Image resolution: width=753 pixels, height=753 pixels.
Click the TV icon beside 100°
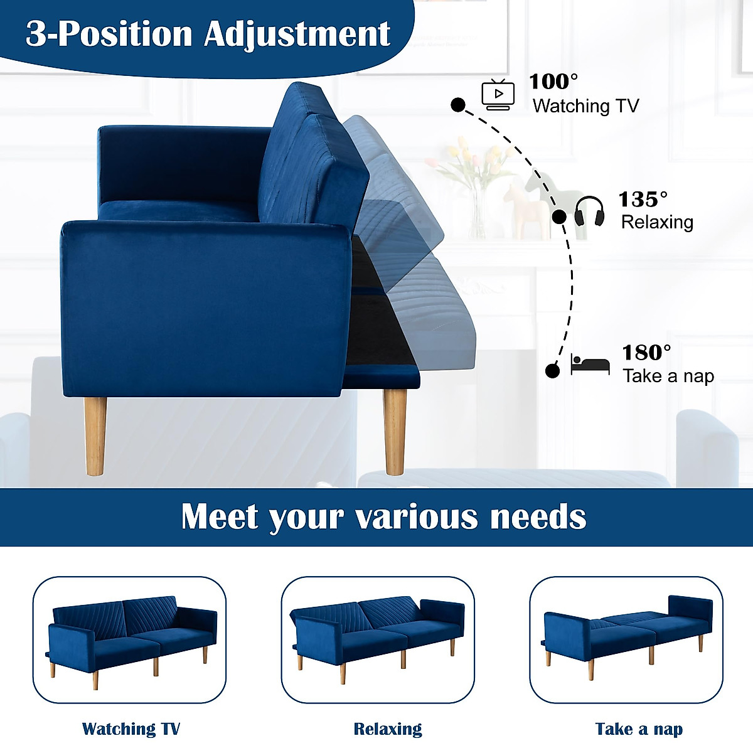point(498,95)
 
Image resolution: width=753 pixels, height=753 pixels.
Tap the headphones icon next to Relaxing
point(589,211)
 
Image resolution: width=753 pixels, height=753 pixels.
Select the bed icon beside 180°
point(590,365)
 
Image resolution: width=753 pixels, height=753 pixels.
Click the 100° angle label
point(553,82)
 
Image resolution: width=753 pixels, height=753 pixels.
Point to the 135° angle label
point(643,200)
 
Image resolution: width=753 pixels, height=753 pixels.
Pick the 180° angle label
point(646,353)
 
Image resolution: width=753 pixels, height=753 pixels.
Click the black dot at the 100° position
point(458,105)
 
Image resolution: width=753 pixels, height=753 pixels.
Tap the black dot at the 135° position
point(559,217)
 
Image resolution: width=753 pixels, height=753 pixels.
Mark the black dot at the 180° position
point(552,371)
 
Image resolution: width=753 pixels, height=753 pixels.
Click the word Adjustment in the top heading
point(297,34)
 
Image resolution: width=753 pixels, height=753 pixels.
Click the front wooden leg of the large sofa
point(95,435)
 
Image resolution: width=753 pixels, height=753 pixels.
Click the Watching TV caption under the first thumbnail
point(131,729)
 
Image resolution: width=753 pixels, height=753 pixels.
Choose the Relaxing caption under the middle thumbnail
point(388,729)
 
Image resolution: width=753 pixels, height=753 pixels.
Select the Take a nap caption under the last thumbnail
point(639,729)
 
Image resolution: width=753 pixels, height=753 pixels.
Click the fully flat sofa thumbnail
point(627,639)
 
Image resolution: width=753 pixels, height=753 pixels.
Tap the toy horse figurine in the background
point(525,204)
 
